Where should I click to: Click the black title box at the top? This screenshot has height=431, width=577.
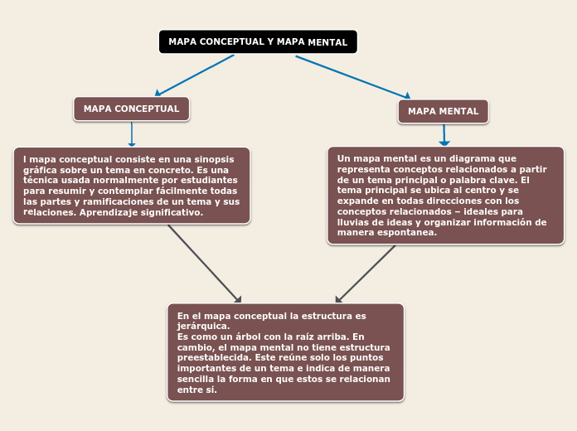tap(258, 42)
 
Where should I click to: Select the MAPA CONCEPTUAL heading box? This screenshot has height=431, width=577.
tap(131, 109)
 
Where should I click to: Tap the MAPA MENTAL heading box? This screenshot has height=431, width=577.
tap(443, 111)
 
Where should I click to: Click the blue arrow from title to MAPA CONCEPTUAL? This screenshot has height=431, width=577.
tap(195, 75)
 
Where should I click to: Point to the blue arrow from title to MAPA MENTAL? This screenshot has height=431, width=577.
tap(352, 77)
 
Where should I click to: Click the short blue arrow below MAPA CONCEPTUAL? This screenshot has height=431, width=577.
tap(131, 134)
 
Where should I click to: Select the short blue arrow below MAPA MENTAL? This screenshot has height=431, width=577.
tap(444, 135)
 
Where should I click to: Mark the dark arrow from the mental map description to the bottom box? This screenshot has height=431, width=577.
tap(366, 274)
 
